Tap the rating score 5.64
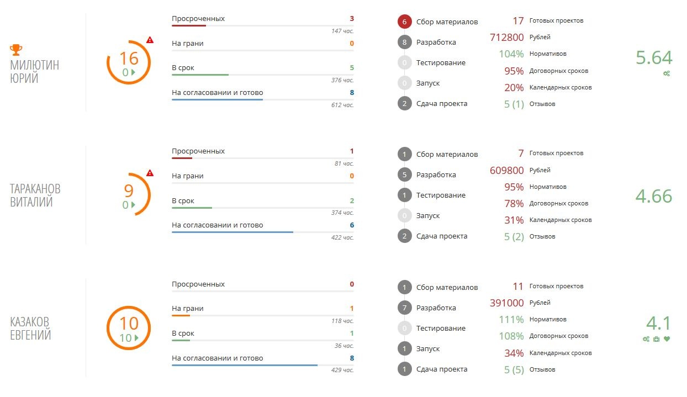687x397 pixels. coord(654,58)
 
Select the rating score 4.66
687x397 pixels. coord(654,196)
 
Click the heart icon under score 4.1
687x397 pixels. coord(667,339)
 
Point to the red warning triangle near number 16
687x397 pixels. coord(150,40)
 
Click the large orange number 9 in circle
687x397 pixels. coord(128,190)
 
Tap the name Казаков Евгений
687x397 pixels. coord(31,328)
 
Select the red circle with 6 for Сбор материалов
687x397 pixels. coord(404,22)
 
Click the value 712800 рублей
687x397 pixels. coord(506,38)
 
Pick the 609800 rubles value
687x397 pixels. coord(506,170)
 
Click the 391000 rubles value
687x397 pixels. coord(506,303)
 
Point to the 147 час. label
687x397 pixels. coord(342,31)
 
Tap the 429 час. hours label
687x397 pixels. coord(342,370)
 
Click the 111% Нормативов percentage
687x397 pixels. coord(511,320)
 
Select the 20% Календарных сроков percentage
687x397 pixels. coord(514,87)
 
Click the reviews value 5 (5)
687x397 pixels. coord(514,370)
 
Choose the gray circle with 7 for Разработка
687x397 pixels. coord(404,308)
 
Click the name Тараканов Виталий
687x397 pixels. coord(35,195)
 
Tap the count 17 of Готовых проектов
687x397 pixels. coord(517,21)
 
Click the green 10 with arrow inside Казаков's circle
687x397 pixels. coord(128,338)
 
